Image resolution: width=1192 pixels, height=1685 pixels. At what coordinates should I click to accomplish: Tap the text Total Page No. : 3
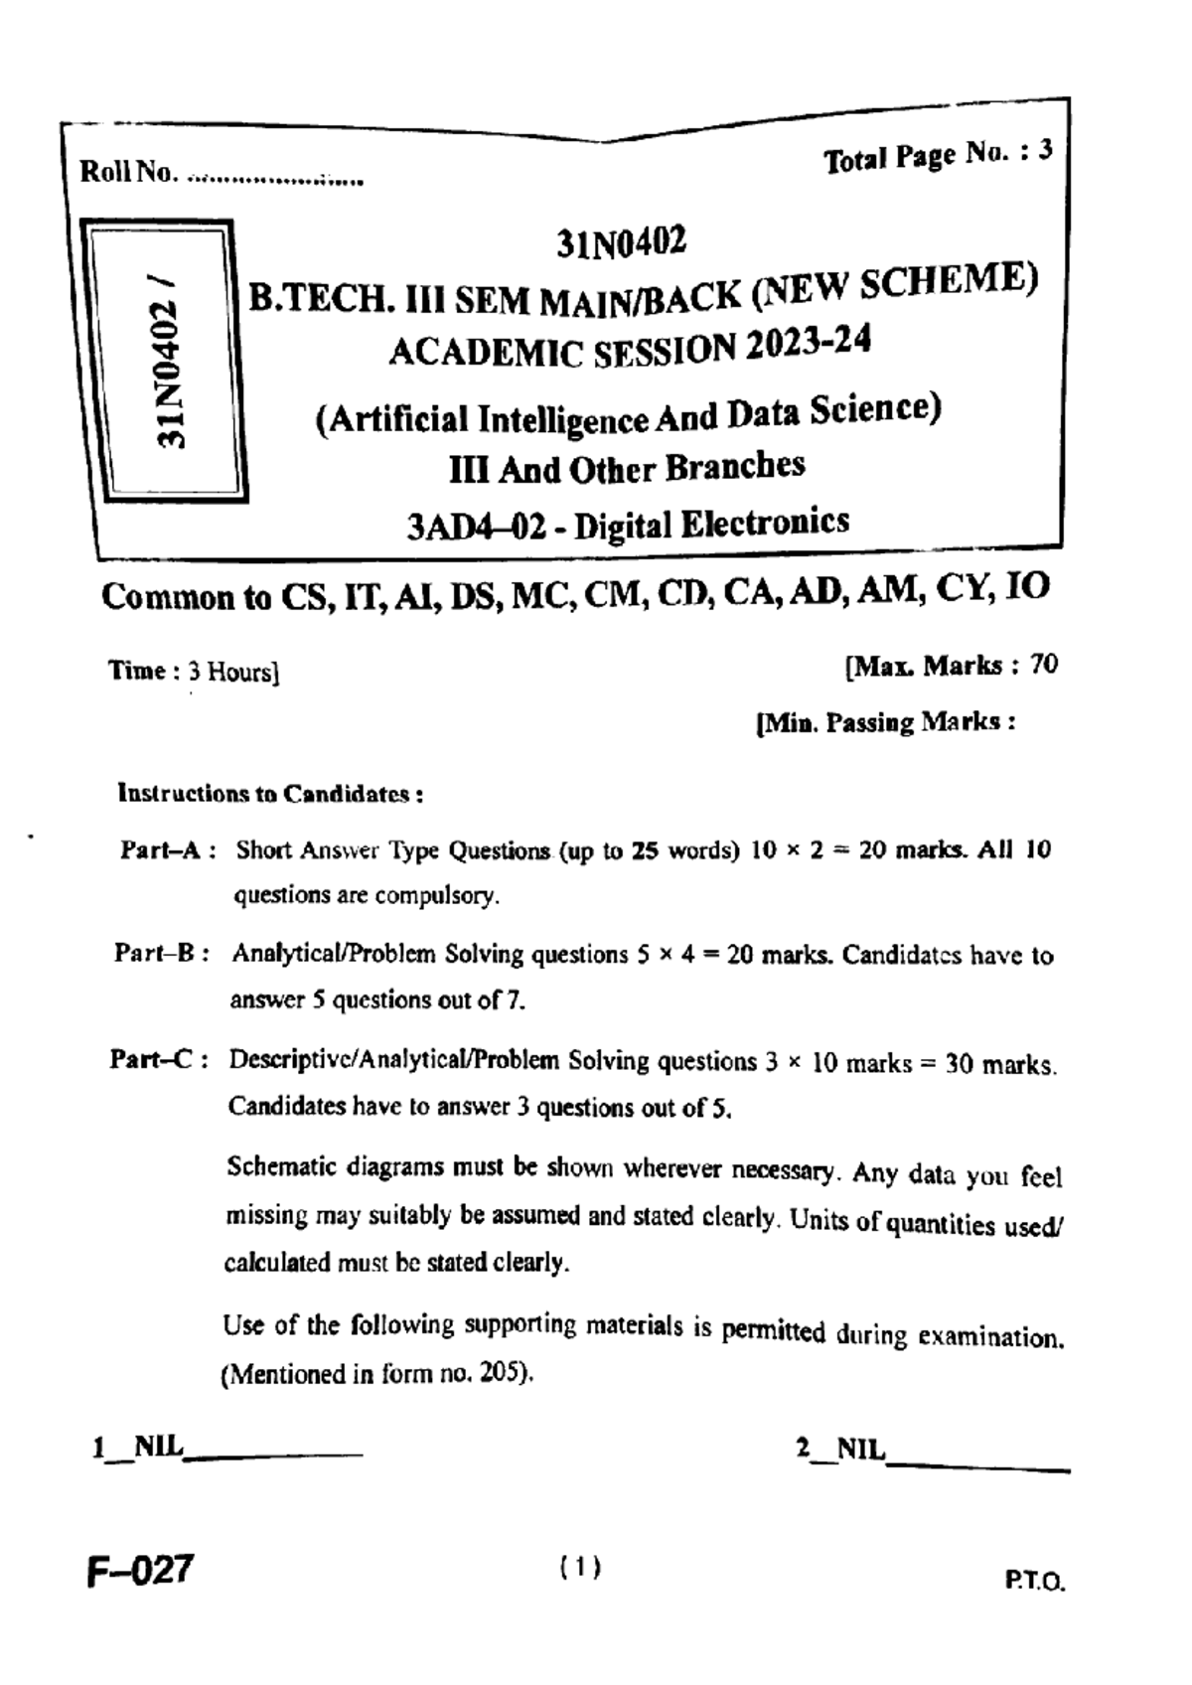pos(937,155)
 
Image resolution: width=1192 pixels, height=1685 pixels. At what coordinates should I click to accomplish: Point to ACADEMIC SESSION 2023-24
pos(630,348)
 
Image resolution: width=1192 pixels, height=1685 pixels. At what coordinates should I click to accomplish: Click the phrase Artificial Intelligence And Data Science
pos(627,414)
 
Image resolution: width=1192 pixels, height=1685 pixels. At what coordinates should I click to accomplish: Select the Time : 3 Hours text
pos(194,672)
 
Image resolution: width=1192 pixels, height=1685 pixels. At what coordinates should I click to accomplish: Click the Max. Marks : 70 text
pos(951,666)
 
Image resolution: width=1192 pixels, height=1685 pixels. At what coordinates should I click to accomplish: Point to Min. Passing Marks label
pos(885,722)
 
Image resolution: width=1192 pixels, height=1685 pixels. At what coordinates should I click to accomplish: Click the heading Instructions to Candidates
pos(271,794)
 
